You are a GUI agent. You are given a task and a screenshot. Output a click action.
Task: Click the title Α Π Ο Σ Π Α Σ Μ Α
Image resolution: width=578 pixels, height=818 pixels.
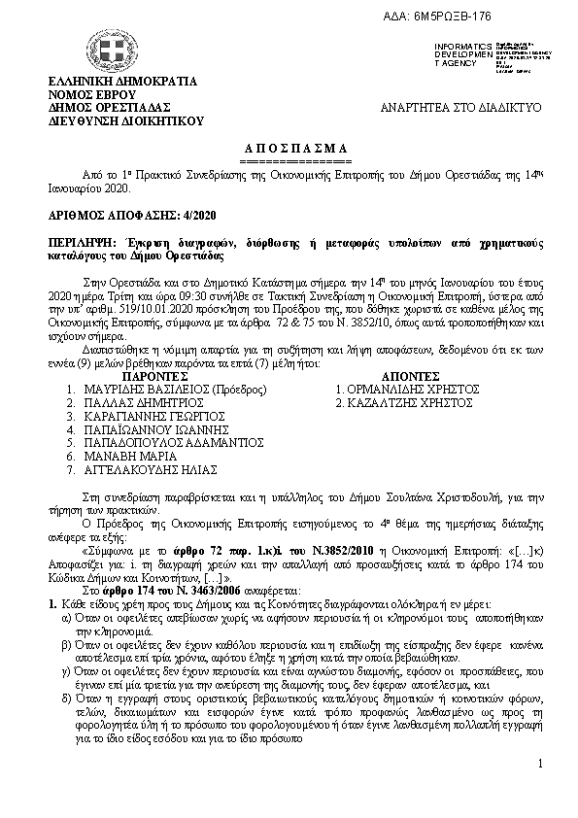pos(291,147)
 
